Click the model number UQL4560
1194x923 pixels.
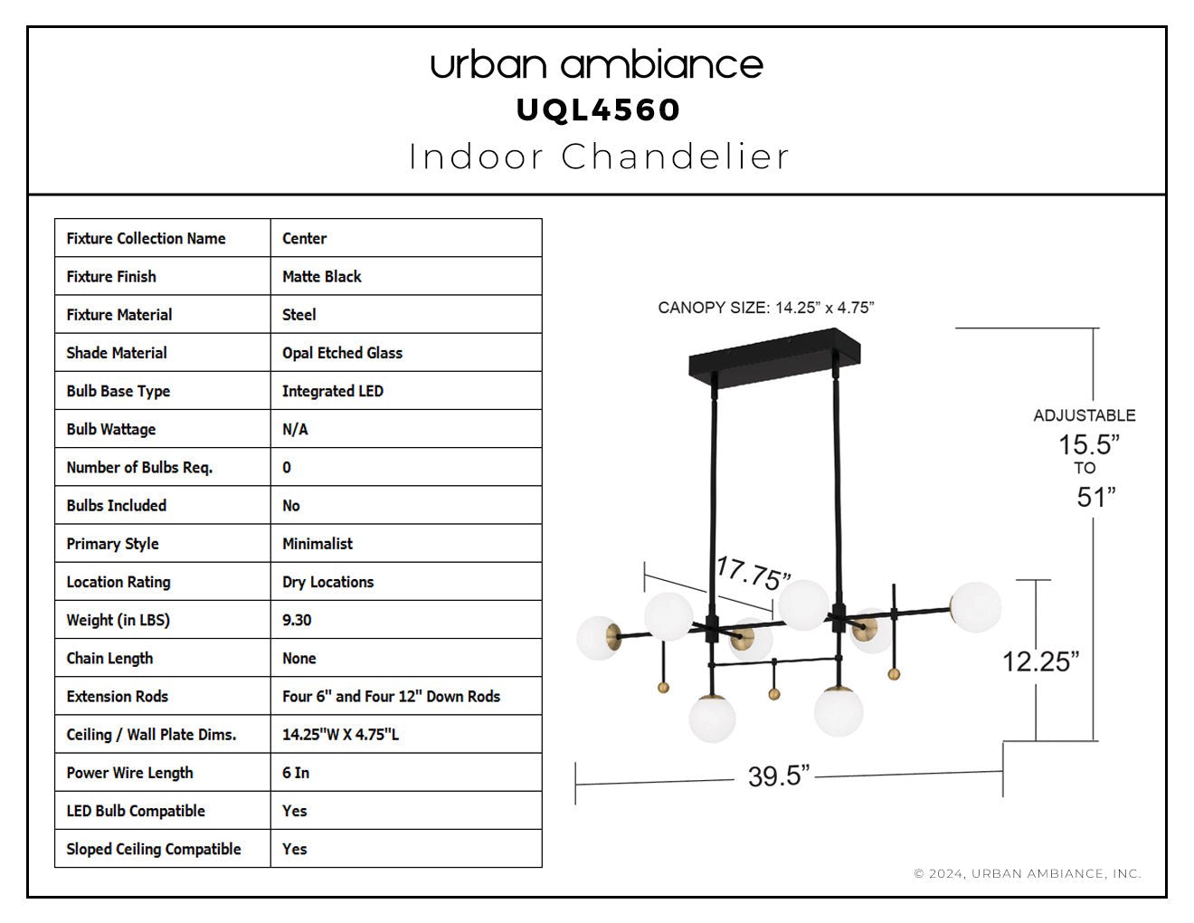tap(598, 110)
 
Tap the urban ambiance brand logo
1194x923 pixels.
tap(597, 65)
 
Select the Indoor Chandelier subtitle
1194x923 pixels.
tap(599, 157)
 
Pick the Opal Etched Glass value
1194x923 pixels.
tap(342, 352)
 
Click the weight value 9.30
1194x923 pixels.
tap(297, 620)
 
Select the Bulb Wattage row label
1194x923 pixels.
tap(111, 429)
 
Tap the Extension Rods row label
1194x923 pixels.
tap(117, 696)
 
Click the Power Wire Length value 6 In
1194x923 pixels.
tap(296, 773)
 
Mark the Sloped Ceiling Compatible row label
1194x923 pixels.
tap(153, 849)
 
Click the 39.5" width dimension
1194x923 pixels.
tap(778, 776)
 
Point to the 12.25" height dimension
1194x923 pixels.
tap(1041, 661)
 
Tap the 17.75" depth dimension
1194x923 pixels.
tap(753, 574)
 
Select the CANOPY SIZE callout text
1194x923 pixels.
tap(766, 308)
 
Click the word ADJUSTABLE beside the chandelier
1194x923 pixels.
tap(1085, 415)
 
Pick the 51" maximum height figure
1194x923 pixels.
tap(1095, 497)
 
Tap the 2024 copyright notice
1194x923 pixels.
tap(1028, 873)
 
